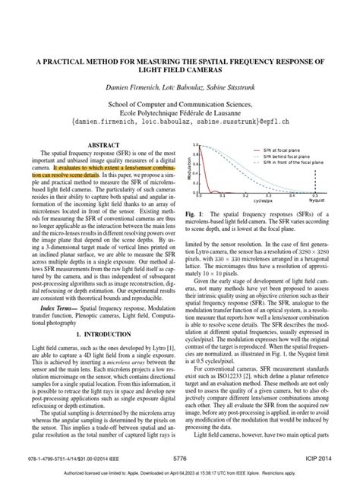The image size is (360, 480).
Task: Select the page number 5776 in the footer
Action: click(x=180, y=457)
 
